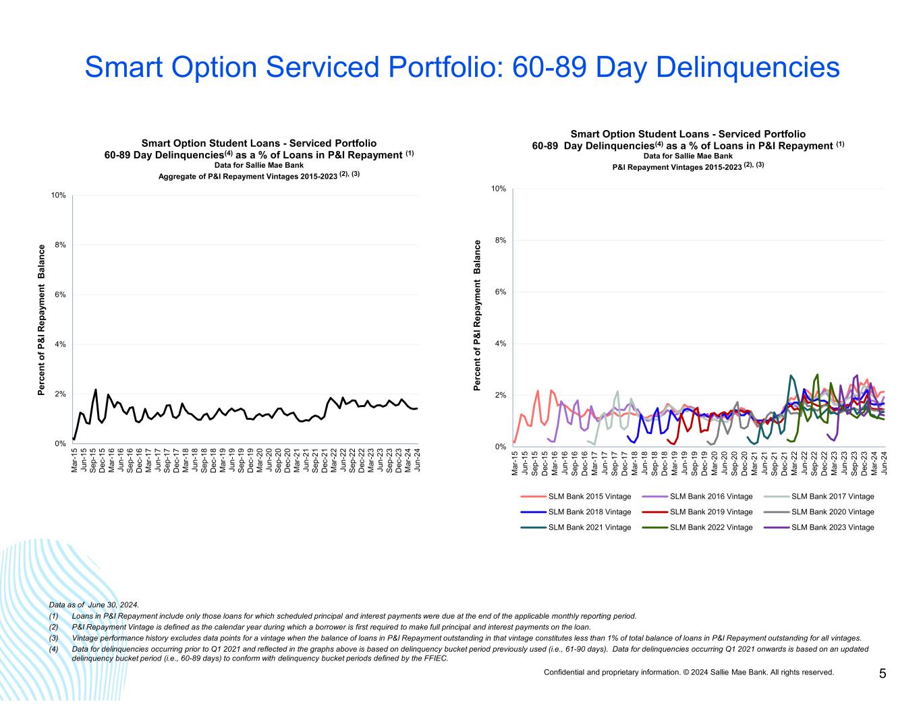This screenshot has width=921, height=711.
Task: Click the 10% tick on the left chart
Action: pos(58,195)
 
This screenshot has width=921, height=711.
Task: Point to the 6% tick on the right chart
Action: pos(499,292)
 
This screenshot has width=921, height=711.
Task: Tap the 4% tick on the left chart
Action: pos(59,344)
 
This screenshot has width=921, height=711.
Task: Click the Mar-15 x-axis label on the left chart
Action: pos(74,463)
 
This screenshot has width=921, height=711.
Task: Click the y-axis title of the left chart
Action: pos(41,320)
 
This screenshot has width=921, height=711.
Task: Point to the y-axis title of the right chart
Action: pos(478,315)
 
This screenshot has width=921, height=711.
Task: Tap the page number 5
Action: pos(883,673)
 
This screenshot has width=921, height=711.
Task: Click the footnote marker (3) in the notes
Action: pos(54,638)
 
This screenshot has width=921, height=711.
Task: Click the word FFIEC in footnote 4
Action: pos(437,658)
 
